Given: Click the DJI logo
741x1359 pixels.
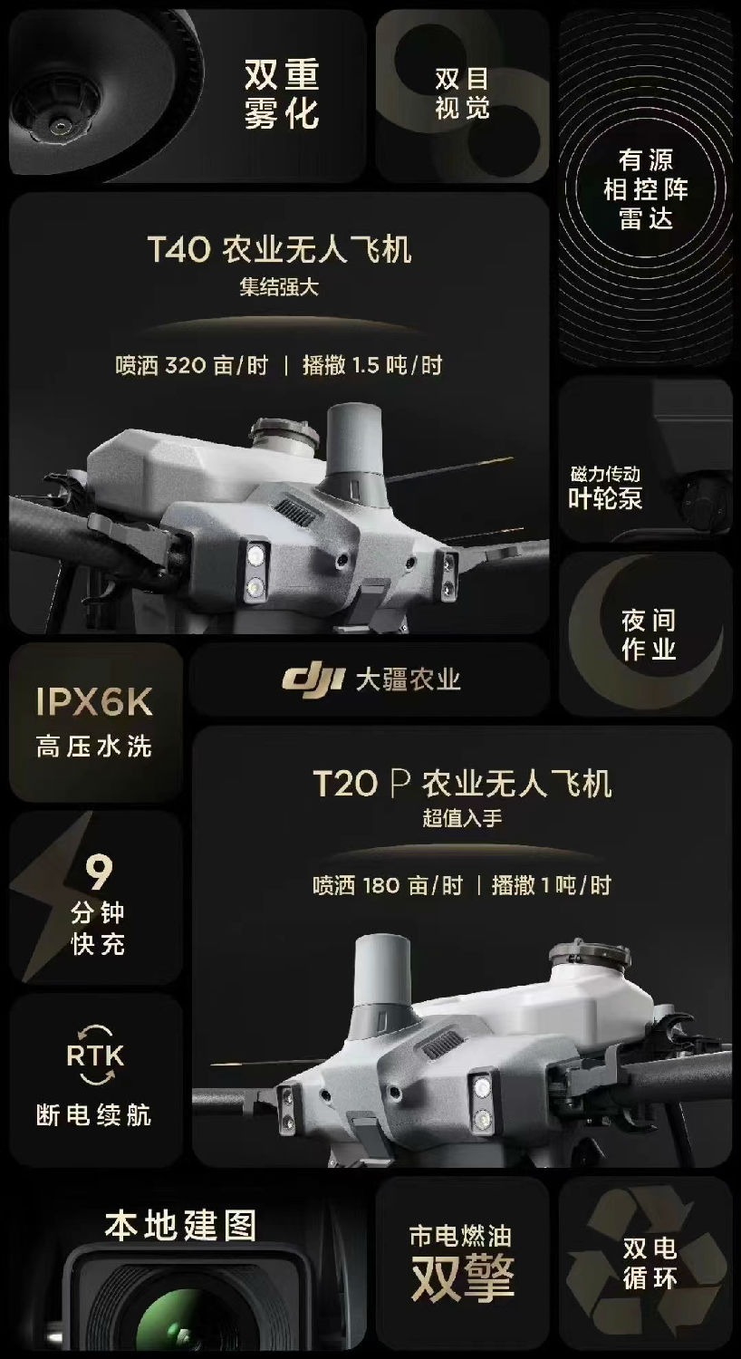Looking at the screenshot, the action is [313, 679].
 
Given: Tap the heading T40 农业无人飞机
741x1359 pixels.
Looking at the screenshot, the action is [280, 249].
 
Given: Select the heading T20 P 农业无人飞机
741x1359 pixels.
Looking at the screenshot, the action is [462, 783].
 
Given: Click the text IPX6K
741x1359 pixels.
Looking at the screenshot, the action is [94, 702].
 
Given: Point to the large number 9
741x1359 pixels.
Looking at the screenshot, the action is [99, 872].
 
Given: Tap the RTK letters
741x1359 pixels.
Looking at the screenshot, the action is [95, 1055].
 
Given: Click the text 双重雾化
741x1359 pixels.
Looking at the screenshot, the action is [282, 94].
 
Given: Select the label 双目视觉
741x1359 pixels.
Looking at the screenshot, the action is [462, 93].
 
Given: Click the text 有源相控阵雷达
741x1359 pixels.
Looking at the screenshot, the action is [646, 189].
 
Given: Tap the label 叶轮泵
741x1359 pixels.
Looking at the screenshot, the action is [605, 498].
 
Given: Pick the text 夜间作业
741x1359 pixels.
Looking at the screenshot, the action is [649, 634].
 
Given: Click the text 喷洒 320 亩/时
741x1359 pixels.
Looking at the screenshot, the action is [192, 365].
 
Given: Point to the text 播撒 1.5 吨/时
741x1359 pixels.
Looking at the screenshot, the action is [372, 365].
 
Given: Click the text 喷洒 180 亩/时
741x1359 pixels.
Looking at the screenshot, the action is [388, 886].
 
